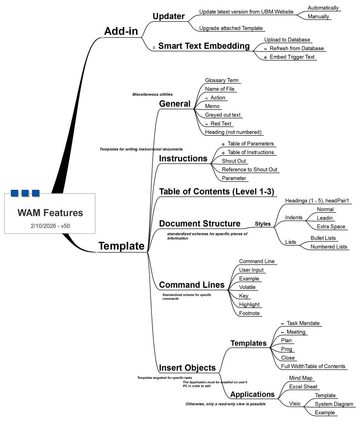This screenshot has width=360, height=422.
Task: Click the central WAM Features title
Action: click(x=50, y=213)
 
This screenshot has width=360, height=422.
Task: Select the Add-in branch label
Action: click(x=121, y=31)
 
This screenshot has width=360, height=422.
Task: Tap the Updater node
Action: click(x=168, y=16)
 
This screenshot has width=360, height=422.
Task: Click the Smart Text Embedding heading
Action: click(x=204, y=46)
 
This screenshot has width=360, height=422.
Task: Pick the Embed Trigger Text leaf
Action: click(x=292, y=57)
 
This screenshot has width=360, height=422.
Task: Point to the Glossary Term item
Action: click(x=221, y=81)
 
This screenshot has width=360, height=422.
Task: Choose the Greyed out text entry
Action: click(x=222, y=115)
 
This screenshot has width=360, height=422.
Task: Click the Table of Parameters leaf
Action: click(x=251, y=144)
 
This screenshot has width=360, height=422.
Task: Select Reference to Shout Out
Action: click(x=249, y=170)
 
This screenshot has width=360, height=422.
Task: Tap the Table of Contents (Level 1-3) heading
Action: click(x=216, y=192)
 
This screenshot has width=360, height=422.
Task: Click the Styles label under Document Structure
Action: click(x=263, y=224)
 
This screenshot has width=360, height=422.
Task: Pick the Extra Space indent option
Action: click(x=331, y=226)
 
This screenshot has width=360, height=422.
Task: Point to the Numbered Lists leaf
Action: click(x=328, y=247)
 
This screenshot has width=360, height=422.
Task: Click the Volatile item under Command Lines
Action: click(x=247, y=287)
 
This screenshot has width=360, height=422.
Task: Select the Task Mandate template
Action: click(x=303, y=323)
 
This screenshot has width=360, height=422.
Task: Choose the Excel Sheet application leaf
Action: click(x=303, y=387)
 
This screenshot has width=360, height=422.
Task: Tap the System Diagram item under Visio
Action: click(x=334, y=404)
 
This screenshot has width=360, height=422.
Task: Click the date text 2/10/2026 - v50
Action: click(x=50, y=226)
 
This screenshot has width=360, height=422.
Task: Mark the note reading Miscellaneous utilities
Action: click(x=152, y=94)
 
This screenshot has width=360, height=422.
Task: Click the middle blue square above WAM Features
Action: click(x=25, y=193)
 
